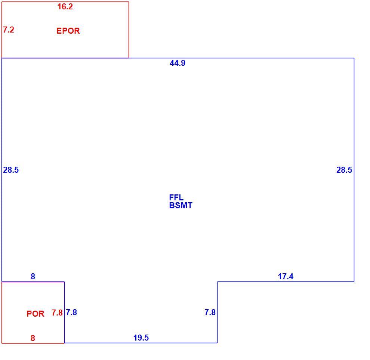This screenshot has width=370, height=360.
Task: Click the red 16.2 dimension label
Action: click(65, 7)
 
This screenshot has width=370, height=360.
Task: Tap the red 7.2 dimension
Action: click(9, 30)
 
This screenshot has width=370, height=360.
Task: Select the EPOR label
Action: click(68, 31)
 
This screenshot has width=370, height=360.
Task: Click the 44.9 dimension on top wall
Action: click(178, 63)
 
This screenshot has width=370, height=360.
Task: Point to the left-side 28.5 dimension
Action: click(10, 170)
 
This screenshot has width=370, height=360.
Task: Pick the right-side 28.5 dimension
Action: click(344, 170)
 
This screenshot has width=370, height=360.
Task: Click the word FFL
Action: click(176, 197)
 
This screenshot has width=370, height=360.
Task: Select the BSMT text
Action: click(181, 205)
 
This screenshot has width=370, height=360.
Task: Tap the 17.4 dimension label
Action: click(286, 276)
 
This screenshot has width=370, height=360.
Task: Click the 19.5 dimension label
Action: click(141, 338)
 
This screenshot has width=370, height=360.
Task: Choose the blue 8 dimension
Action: click(33, 276)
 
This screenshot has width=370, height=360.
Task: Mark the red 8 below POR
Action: click(33, 338)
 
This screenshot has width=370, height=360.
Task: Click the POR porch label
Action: click(36, 314)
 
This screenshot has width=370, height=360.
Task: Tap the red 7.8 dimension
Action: click(57, 313)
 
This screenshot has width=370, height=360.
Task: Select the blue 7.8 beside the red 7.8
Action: click(71, 313)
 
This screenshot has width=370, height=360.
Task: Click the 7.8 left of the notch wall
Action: click(210, 312)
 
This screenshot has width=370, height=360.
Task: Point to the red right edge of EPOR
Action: click(129, 30)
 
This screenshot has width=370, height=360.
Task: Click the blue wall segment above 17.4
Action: click(286, 281)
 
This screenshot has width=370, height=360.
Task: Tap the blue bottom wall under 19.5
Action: click(141, 343)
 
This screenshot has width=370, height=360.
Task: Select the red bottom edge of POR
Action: click(33, 343)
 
